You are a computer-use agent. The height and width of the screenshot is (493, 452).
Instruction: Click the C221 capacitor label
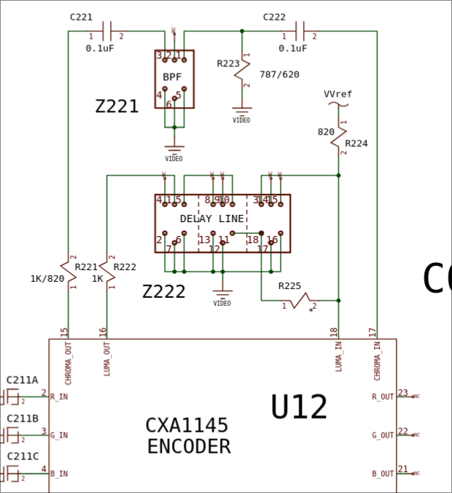(x=82, y=16)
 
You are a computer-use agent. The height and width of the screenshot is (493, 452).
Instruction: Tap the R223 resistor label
(x=228, y=63)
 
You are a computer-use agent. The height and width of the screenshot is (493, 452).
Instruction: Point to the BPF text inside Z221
(x=173, y=76)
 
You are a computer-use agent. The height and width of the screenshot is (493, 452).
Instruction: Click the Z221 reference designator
(x=117, y=106)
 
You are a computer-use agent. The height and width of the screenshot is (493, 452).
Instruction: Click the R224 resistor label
(x=356, y=143)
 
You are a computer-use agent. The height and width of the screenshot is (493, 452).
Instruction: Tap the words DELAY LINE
(x=212, y=218)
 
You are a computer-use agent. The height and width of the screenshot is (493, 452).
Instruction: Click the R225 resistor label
(x=290, y=285)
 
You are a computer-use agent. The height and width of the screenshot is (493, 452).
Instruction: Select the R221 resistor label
(x=86, y=267)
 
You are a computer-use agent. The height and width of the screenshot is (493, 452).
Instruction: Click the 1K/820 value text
(x=47, y=278)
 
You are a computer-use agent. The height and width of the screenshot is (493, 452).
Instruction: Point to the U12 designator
(x=299, y=407)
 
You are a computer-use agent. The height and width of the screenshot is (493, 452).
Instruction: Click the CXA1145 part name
(x=187, y=425)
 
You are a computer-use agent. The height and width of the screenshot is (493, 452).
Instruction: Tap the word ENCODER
(x=189, y=446)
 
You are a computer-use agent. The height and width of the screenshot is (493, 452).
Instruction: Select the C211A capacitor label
(x=23, y=380)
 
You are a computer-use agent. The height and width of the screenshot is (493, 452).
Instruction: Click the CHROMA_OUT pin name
(x=69, y=364)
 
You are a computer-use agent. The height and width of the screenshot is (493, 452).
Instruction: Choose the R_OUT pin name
(x=383, y=397)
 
